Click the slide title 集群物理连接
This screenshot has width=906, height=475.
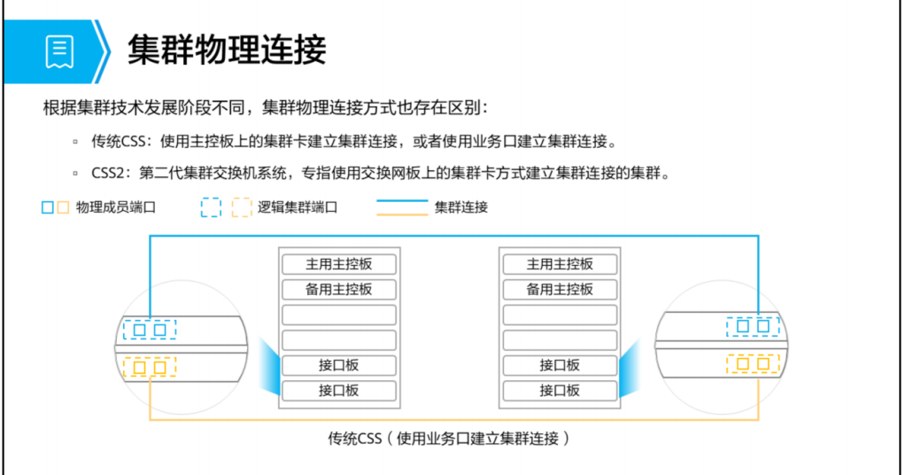(227, 50)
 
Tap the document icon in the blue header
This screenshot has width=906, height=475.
(60, 51)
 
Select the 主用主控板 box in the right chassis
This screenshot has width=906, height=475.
(559, 264)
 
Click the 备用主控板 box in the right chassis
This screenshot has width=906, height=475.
(559, 289)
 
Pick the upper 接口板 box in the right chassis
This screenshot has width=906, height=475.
(559, 365)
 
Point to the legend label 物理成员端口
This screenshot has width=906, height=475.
(116, 208)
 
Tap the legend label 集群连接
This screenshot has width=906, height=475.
(461, 208)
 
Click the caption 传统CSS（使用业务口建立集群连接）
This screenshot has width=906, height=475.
(448, 438)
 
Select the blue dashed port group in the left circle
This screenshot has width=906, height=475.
(150, 330)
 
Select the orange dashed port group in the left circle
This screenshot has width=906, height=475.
(150, 366)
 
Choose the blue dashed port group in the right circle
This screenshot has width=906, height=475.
(753, 327)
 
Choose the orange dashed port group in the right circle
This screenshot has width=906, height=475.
(753, 363)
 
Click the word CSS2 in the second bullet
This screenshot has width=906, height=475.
(109, 173)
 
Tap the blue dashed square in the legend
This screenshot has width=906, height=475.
(211, 208)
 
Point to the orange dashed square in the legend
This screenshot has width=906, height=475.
(241, 208)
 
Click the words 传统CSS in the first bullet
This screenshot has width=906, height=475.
(119, 141)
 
